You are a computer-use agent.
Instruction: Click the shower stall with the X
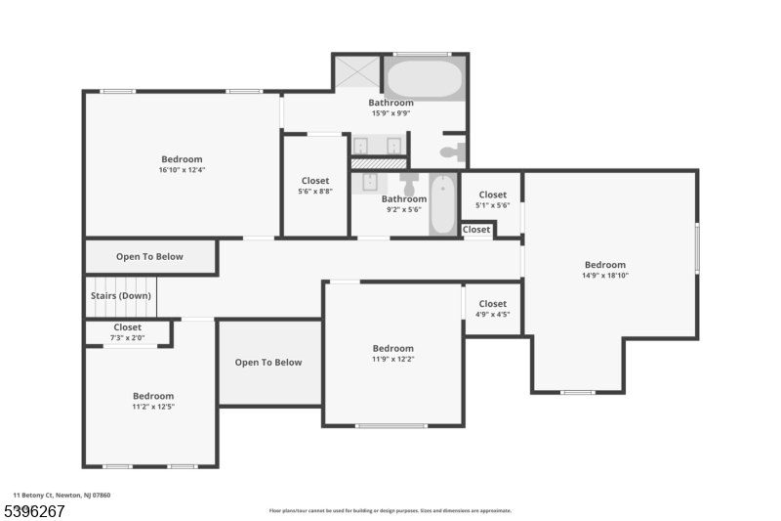click(357, 73)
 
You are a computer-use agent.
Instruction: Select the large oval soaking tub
click(424, 78)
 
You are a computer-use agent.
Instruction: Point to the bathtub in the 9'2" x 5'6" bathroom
click(442, 203)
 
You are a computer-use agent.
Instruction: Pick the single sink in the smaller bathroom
click(371, 182)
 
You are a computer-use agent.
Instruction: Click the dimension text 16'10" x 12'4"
click(182, 170)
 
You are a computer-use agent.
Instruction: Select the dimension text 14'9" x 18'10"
click(605, 276)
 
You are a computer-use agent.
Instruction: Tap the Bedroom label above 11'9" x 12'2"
click(393, 348)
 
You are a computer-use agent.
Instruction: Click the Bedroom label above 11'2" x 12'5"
click(153, 396)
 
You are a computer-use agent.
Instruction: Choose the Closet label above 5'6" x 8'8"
click(315, 181)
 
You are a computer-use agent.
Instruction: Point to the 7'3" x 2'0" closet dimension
click(127, 337)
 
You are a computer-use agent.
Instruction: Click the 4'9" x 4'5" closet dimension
click(493, 315)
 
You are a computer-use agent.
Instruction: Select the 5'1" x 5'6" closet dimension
click(493, 205)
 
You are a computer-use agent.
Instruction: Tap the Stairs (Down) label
click(121, 295)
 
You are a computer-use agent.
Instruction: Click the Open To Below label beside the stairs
click(149, 257)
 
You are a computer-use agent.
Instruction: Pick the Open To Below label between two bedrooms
click(268, 363)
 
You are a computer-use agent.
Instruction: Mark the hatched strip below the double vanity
click(378, 162)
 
